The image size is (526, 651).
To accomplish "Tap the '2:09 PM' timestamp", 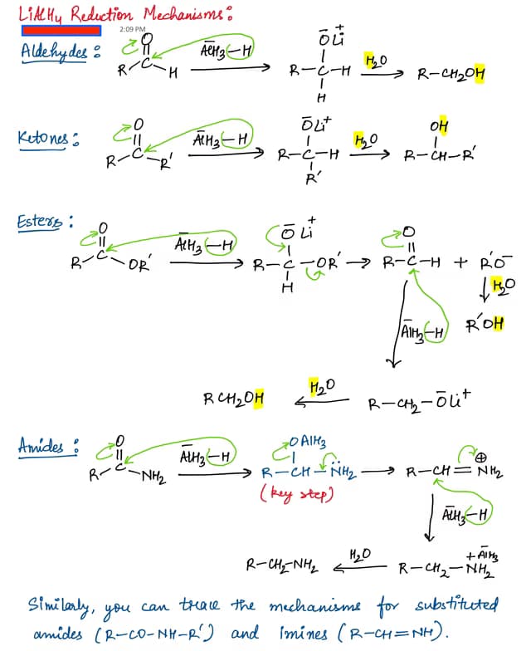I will click(132, 29).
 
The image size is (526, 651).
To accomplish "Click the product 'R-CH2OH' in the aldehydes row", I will click(452, 74).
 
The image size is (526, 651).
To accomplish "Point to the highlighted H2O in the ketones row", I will click(364, 139).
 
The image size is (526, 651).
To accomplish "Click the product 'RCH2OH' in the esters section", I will click(234, 399).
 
